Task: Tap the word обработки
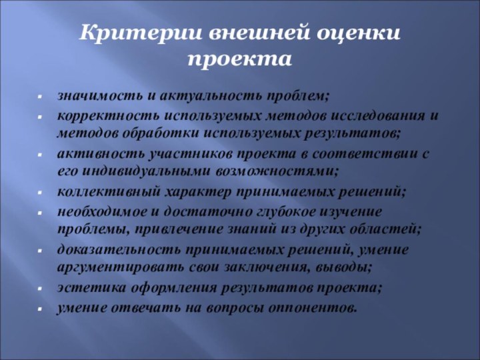pos(141,133)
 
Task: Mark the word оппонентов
pos(314,307)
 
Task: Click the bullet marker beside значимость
pos(41,97)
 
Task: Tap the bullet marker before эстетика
pos(41,289)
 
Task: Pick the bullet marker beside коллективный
pos(41,193)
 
